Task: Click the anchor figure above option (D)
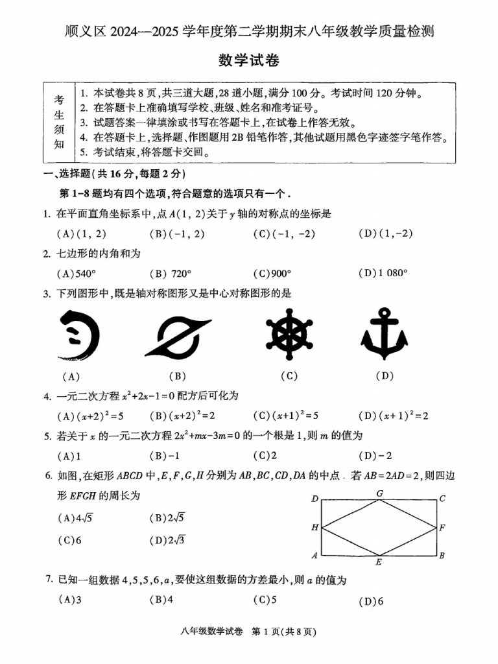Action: (385, 334)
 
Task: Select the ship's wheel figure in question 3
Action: (290, 335)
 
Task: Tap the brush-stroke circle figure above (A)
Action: (78, 333)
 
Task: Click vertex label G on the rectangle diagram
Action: (379, 493)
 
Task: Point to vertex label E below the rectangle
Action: (379, 562)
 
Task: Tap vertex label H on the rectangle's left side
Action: (314, 527)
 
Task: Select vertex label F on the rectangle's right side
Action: (442, 527)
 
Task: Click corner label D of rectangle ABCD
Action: (314, 499)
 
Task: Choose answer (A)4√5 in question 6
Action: (76, 517)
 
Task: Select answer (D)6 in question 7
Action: (371, 601)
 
